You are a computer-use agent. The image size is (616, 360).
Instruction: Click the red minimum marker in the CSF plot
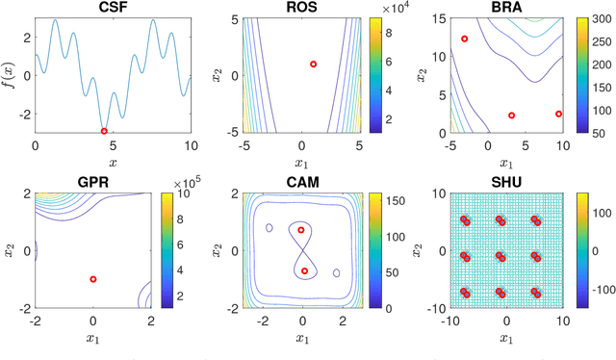pos(104,131)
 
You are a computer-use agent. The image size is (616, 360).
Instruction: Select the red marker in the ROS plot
pos(313,64)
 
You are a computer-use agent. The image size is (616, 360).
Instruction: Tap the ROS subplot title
pos(302,8)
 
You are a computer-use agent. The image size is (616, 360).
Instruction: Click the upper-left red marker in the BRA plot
pos(465,39)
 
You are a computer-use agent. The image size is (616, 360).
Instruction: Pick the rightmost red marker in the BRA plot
pos(558,114)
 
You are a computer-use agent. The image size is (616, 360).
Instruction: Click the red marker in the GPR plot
pos(93,279)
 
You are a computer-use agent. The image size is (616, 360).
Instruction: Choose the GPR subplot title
pos(94,183)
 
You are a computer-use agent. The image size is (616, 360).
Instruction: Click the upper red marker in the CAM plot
pos(301,230)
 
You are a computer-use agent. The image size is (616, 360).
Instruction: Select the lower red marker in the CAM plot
pos(304,271)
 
